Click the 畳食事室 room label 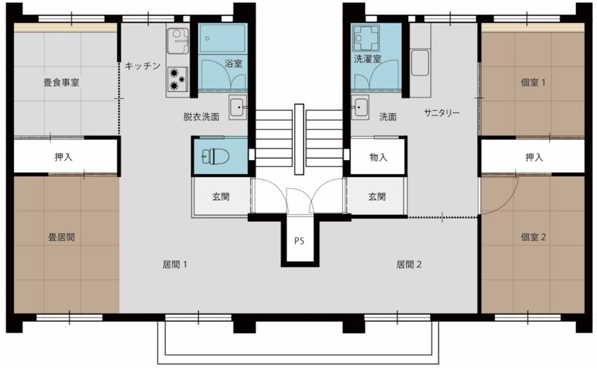[61, 82]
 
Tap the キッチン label [143, 66]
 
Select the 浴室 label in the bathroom [233, 63]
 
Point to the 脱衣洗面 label [201, 117]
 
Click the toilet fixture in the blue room [211, 155]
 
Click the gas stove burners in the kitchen [178, 79]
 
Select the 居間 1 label [174, 265]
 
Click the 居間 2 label [409, 265]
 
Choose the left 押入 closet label [63, 157]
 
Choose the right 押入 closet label [534, 157]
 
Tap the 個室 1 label [533, 82]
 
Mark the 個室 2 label [533, 237]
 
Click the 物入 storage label [378, 157]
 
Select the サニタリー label [442, 112]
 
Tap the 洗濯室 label [367, 59]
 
